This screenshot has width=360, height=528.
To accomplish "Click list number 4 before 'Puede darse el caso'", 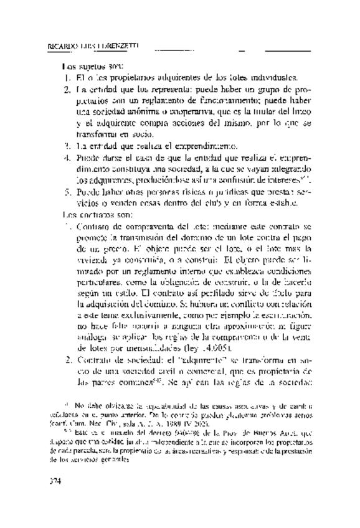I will pos(67,158).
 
